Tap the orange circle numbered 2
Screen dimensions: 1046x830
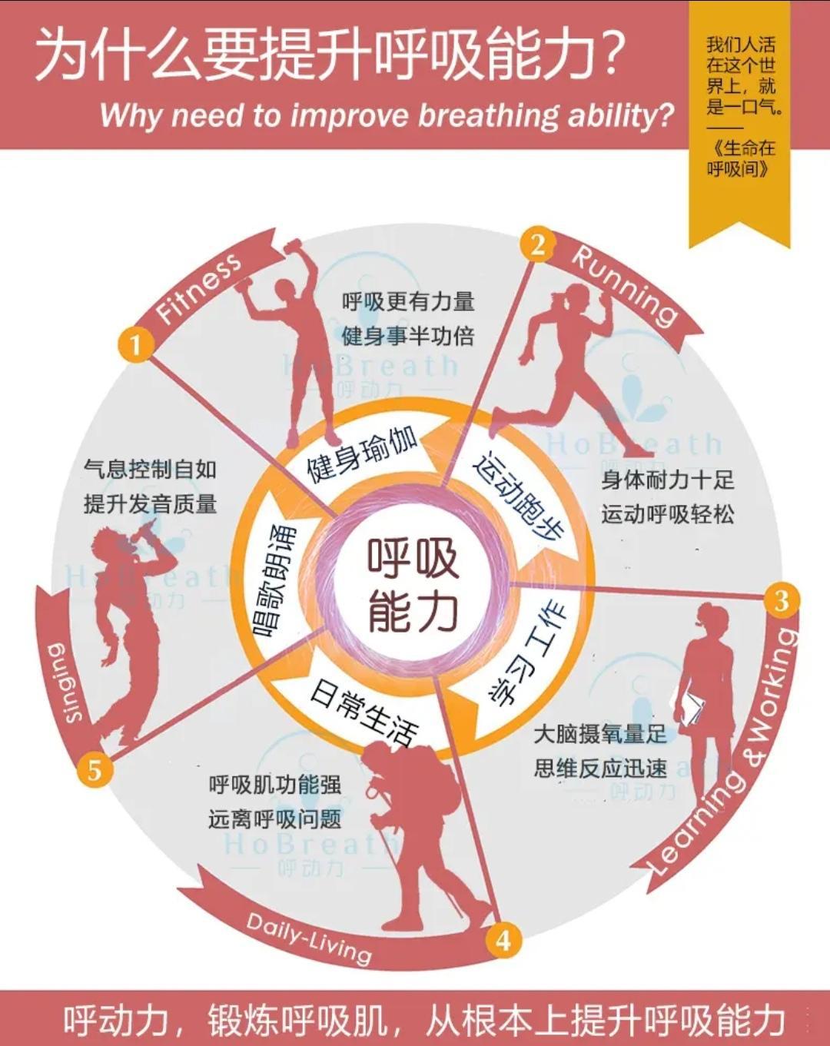pos(537,245)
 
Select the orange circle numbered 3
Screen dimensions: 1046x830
pos(780,600)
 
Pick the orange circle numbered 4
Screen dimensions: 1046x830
pos(503,939)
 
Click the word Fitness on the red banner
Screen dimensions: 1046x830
pos(198,288)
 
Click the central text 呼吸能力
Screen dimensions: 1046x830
pos(413,583)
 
